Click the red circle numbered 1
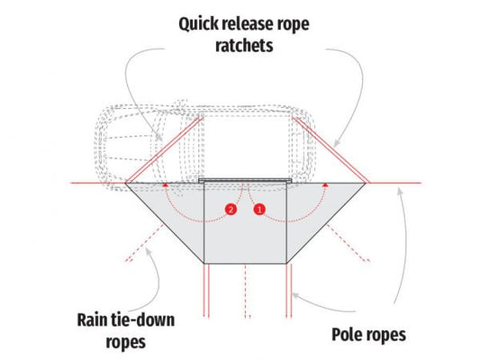coord(259,210)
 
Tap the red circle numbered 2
coord(231,210)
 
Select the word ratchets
coord(244,46)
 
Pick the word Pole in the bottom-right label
coord(347,334)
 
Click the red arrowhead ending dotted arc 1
coord(326,184)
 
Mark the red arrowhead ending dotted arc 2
coord(166,184)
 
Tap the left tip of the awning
coord(125,184)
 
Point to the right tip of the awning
coord(366,184)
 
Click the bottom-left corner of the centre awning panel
coord(204,263)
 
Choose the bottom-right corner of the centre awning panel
coord(286,263)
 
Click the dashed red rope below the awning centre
coord(246,292)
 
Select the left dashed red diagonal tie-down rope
coord(144,244)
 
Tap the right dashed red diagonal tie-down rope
coord(349,243)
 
